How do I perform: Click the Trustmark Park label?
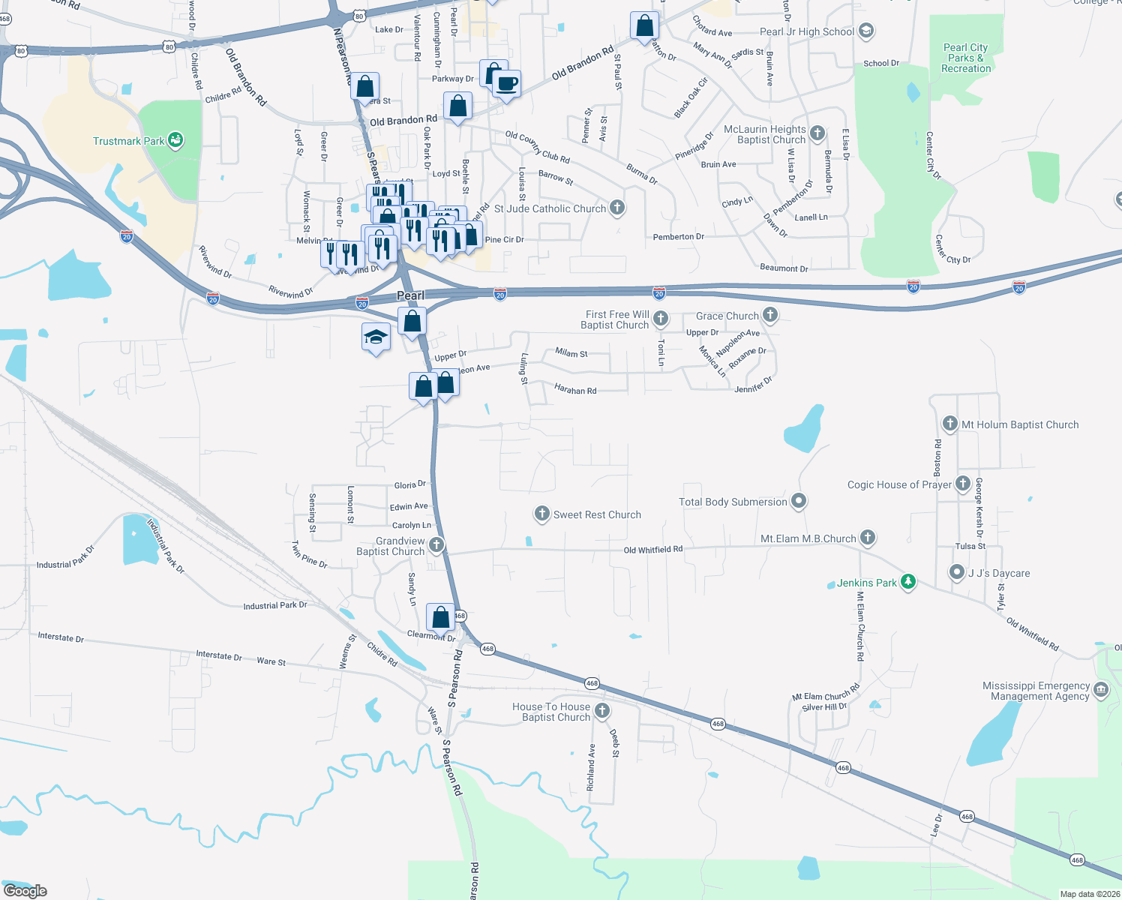tap(128, 141)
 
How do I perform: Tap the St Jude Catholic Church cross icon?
tap(617, 208)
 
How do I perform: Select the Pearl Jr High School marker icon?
tap(866, 31)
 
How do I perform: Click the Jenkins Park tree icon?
tap(908, 582)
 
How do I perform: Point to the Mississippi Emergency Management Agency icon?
tap(1101, 690)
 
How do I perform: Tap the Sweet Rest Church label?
tap(597, 514)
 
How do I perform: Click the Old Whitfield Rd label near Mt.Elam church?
tap(653, 550)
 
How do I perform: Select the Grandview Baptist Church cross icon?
tap(436, 545)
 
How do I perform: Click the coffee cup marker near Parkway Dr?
tap(508, 83)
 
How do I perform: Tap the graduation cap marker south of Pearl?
tap(376, 337)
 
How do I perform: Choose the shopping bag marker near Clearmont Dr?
tap(441, 617)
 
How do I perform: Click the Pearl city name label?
tap(410, 295)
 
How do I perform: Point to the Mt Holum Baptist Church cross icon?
tap(950, 424)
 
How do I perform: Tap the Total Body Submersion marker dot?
tap(799, 501)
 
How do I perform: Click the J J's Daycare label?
tap(999, 573)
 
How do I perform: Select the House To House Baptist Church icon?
tap(601, 711)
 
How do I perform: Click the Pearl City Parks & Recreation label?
tap(966, 58)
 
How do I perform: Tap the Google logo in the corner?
tap(25, 891)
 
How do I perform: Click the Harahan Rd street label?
tap(575, 390)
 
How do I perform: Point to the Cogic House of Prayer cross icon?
tap(963, 484)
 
